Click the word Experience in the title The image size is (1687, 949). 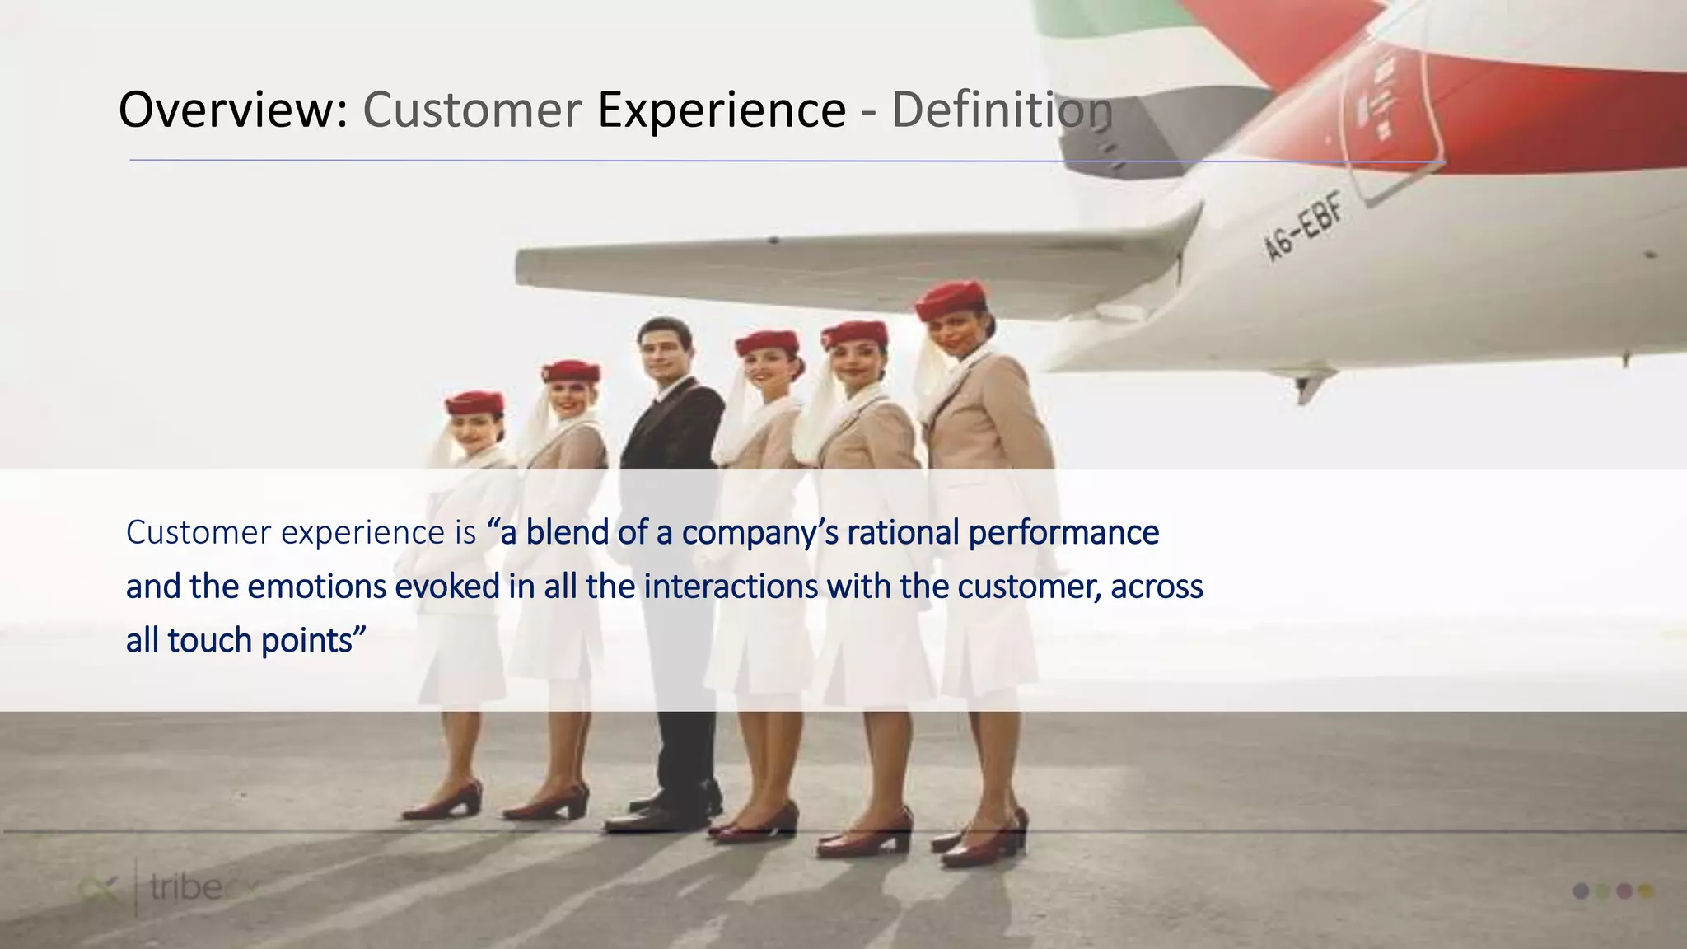722,110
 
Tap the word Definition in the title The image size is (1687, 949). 1002,110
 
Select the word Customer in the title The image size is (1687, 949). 472,110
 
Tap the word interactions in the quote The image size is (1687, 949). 731,587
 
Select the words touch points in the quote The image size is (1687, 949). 260,640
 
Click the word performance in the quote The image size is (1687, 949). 1063,534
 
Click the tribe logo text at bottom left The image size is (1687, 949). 186,888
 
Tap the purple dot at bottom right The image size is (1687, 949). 1581,891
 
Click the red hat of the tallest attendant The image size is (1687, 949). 951,298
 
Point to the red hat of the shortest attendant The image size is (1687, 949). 474,404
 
